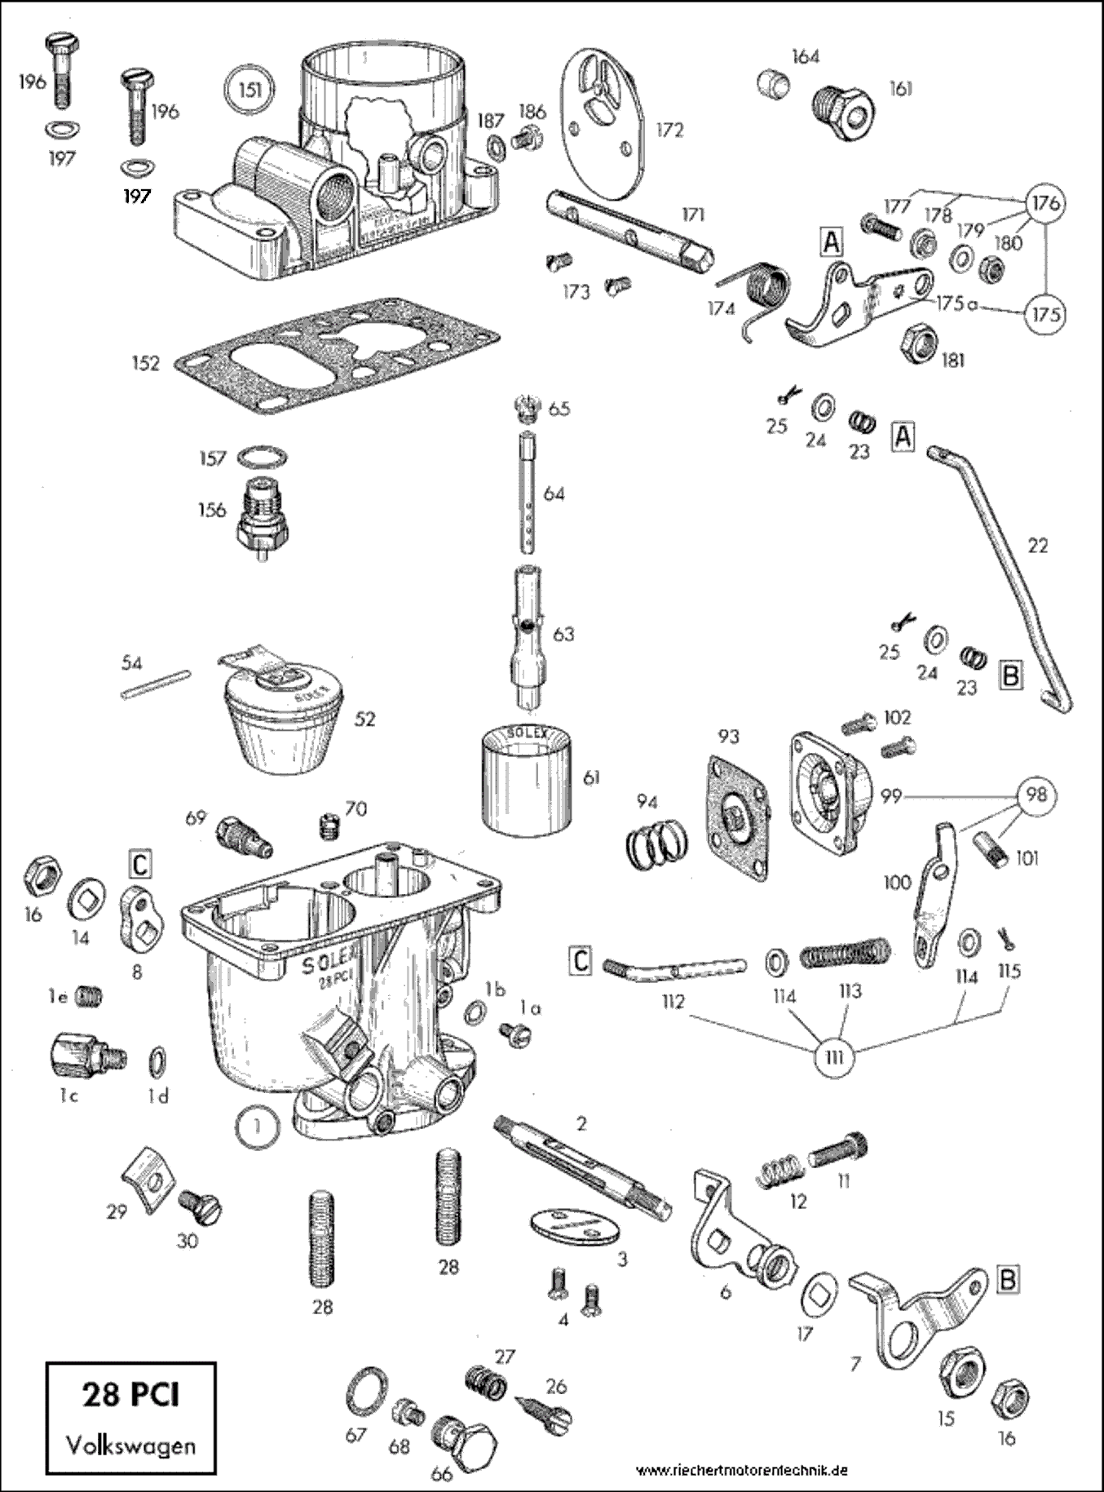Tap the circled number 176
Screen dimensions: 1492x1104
pyautogui.click(x=1045, y=202)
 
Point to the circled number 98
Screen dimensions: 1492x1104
pyautogui.click(x=1036, y=794)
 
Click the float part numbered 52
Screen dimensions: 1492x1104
pyautogui.click(x=281, y=718)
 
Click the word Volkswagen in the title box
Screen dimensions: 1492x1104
pyautogui.click(x=131, y=1446)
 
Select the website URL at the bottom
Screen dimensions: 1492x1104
pyautogui.click(x=742, y=1470)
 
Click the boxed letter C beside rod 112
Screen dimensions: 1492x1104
pyautogui.click(x=580, y=960)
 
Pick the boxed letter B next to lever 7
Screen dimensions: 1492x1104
pyautogui.click(x=1008, y=1279)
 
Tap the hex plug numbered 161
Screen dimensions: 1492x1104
pyautogui.click(x=843, y=110)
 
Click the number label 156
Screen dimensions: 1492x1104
pyautogui.click(x=212, y=510)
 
